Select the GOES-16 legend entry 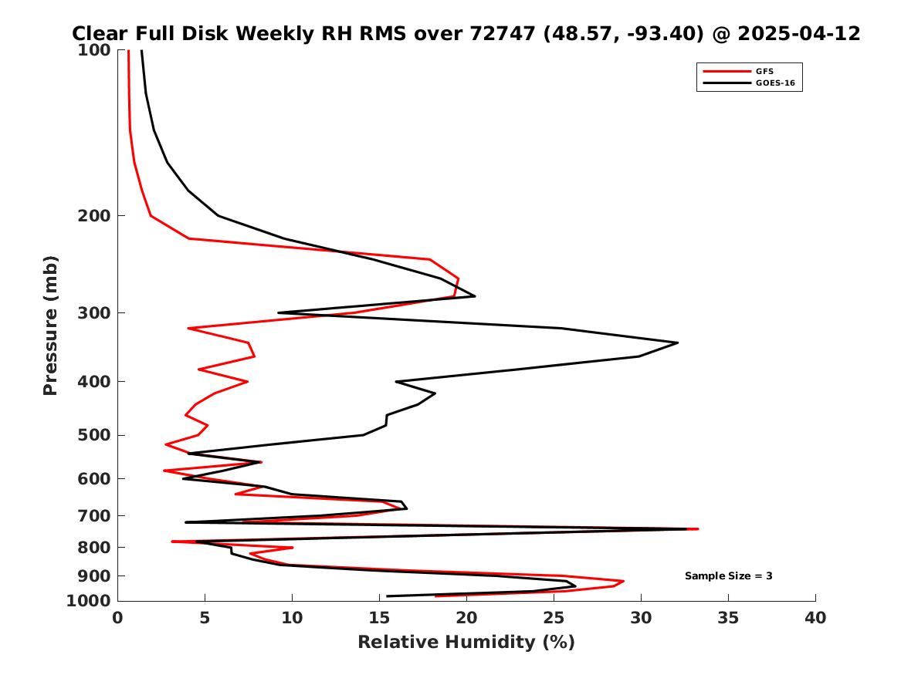pyautogui.click(x=773, y=83)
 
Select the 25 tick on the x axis pyautogui.click(x=554, y=618)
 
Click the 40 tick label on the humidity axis pyautogui.click(x=815, y=618)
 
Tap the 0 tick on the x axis pyautogui.click(x=117, y=618)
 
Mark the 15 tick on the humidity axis pyautogui.click(x=379, y=618)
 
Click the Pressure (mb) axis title pyautogui.click(x=51, y=326)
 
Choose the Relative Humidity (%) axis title pyautogui.click(x=466, y=643)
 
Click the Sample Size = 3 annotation pyautogui.click(x=728, y=576)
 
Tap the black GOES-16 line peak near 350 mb pyautogui.click(x=678, y=343)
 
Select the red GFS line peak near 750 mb pyautogui.click(x=698, y=529)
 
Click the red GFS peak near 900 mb pyautogui.click(x=623, y=581)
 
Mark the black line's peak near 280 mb pyautogui.click(x=475, y=296)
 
